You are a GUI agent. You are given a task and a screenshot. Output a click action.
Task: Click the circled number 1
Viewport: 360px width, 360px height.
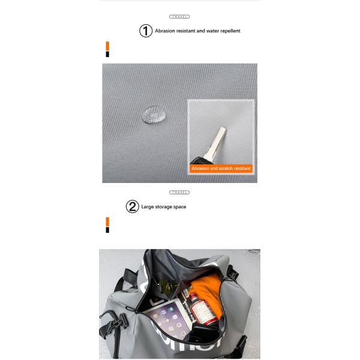tap(146, 31)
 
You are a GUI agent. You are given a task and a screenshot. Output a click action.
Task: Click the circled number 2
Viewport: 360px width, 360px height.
tap(133, 207)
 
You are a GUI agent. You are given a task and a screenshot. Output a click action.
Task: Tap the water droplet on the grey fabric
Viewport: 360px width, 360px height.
tap(154, 114)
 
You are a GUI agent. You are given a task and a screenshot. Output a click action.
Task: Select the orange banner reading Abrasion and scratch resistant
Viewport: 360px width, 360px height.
tap(221, 169)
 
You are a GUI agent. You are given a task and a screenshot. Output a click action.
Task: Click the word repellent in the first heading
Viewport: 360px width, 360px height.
tap(230, 31)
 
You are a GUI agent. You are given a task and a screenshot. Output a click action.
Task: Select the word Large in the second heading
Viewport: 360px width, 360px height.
tap(148, 207)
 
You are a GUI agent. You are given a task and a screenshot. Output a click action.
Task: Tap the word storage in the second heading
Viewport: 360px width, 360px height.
tap(164, 207)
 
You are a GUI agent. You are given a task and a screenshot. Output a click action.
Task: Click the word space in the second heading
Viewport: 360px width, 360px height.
tap(180, 207)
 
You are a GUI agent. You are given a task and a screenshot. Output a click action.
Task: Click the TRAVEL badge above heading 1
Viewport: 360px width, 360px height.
tap(179, 17)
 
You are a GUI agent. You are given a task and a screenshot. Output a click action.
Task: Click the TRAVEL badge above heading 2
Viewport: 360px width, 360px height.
tap(179, 193)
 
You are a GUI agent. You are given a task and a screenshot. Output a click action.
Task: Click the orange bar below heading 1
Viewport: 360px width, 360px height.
tap(107, 46)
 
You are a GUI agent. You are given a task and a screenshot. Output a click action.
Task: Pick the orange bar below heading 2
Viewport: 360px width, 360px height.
tap(107, 222)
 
